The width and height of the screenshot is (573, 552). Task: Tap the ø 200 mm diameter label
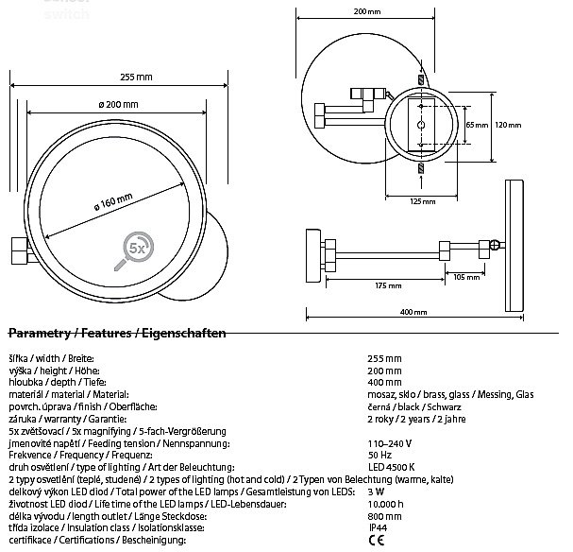pos(118,103)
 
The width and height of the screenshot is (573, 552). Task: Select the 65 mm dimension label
pos(470,125)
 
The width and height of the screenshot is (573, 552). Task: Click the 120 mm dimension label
pos(508,125)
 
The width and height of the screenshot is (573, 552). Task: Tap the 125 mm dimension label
pos(423,201)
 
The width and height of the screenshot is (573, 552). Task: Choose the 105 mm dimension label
pos(466,278)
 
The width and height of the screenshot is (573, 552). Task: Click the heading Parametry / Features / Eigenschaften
pos(115,334)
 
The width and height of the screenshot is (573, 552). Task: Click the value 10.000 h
pos(386,504)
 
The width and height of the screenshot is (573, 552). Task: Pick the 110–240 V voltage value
pos(389,442)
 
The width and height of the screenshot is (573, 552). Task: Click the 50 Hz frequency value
pos(379,455)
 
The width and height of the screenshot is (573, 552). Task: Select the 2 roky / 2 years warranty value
pos(412,418)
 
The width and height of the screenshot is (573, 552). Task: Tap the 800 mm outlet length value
pos(382,516)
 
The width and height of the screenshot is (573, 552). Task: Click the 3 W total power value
pos(375,492)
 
